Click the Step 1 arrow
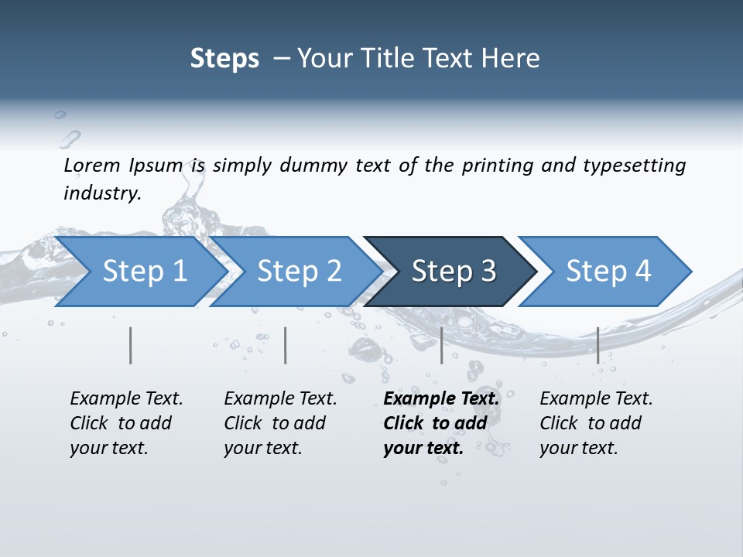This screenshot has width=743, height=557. pos(145,272)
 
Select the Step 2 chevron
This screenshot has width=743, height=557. pos(300,272)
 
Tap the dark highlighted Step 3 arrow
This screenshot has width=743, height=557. pos(454,272)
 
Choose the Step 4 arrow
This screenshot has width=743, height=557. pos(608,272)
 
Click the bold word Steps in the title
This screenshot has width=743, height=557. pos(224,59)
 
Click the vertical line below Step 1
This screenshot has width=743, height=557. pos(131,345)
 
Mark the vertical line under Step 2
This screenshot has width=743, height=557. pos(286,345)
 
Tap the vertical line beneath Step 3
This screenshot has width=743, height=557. pos(442,345)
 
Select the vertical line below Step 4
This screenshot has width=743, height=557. pos(597,345)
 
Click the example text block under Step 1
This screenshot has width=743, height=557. pos(126,423)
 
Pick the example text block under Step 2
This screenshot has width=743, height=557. pos(280,423)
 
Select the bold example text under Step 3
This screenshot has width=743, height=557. pos(441,423)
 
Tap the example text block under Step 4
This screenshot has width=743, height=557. pos(596,423)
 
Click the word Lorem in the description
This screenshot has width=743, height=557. pos(92,166)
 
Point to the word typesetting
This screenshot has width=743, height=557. pos(634,166)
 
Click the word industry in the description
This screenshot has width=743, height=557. pos(101,193)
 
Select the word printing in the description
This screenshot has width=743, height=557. pos(498,166)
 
